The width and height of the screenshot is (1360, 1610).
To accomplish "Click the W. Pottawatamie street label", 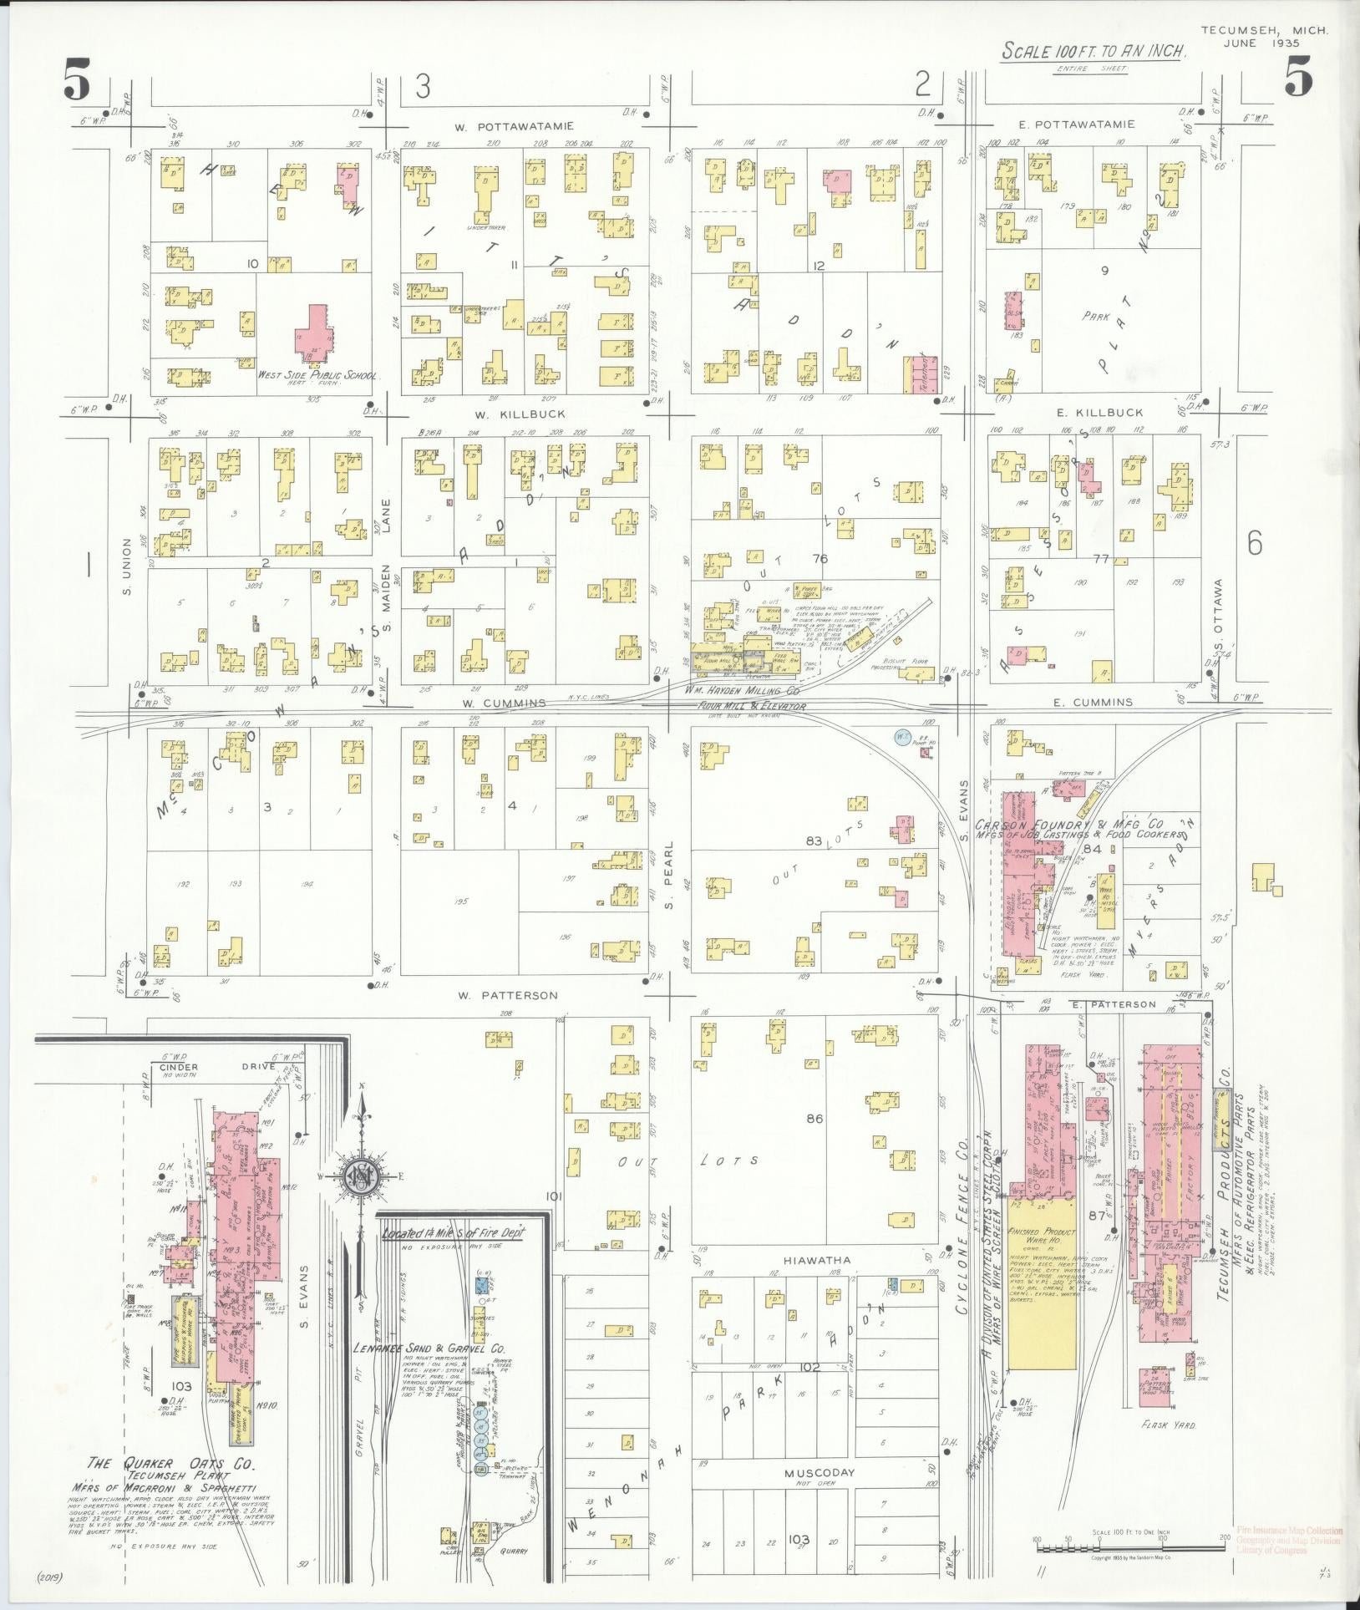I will tap(514, 127).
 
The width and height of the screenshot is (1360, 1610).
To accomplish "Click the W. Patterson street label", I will tap(508, 995).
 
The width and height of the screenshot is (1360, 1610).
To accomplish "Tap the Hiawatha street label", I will tap(817, 1283).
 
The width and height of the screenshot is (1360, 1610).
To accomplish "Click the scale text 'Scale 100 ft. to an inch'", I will tap(1094, 52).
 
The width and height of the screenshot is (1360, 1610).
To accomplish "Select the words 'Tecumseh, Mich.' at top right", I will tap(1264, 30).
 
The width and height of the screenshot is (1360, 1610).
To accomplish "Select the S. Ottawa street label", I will tap(1219, 618).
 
